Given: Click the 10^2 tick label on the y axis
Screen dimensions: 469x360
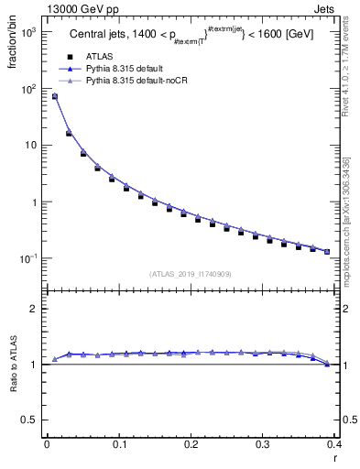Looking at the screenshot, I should point(28,89).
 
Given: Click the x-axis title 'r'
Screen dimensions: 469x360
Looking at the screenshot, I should point(334,458).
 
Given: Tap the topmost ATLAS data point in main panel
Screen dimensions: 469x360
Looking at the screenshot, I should point(54,96).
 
